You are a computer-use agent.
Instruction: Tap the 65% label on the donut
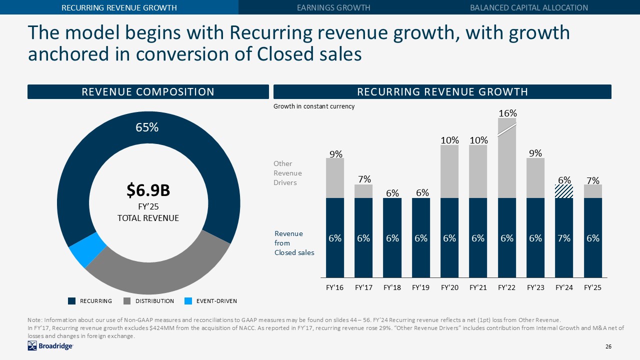tap(147, 127)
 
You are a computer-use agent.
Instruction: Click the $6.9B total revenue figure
tap(148, 190)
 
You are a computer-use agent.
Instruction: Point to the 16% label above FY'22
tap(507, 113)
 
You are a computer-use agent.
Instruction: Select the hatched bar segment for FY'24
tap(564, 191)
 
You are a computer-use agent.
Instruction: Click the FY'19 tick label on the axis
tap(420, 288)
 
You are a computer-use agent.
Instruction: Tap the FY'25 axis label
tap(592, 288)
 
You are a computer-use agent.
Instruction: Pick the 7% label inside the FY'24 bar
tap(564, 238)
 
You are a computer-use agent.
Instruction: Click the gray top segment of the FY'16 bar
tap(335, 178)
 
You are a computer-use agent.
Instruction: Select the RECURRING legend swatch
tap(72, 301)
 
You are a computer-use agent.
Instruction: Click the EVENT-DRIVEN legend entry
tap(215, 301)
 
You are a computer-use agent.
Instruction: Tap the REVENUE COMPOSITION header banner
tap(148, 92)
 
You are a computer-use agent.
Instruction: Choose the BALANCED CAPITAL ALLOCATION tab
tap(529, 7)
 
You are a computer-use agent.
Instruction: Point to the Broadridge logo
tap(50, 346)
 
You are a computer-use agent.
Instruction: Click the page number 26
tap(608, 346)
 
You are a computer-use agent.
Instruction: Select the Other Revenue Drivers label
tap(287, 173)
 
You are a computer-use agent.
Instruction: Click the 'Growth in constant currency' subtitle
tap(313, 106)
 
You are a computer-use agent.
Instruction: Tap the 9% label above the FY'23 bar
tap(535, 154)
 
